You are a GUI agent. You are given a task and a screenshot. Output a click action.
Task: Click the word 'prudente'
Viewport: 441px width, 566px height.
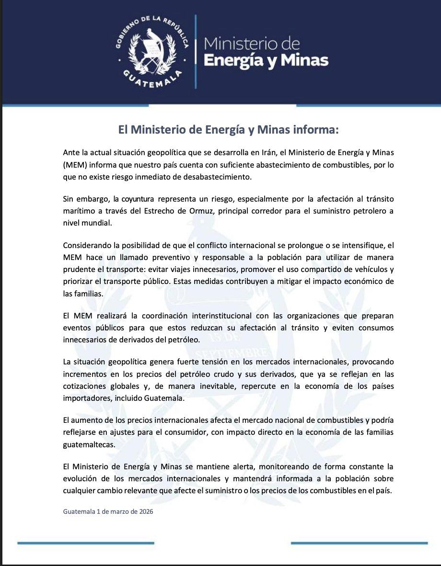(79, 270)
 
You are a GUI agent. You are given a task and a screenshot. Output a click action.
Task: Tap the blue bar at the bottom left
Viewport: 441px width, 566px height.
(86, 543)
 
